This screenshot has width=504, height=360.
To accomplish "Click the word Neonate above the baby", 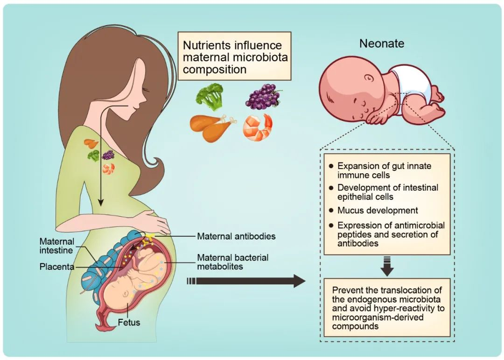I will (381, 44).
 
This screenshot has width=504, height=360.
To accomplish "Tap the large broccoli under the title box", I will (209, 96).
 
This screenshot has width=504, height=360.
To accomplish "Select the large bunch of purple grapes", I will (263, 96).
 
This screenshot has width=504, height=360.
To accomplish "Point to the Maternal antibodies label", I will (236, 236).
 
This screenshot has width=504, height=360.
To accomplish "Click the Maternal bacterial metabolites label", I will (232, 262).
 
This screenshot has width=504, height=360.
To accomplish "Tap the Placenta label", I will (56, 267).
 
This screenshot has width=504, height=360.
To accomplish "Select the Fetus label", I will (129, 322).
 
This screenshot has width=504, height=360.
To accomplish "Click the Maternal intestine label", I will (56, 246).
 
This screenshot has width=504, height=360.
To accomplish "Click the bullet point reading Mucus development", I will (378, 211).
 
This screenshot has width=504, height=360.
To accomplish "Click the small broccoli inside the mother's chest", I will (94, 155).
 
